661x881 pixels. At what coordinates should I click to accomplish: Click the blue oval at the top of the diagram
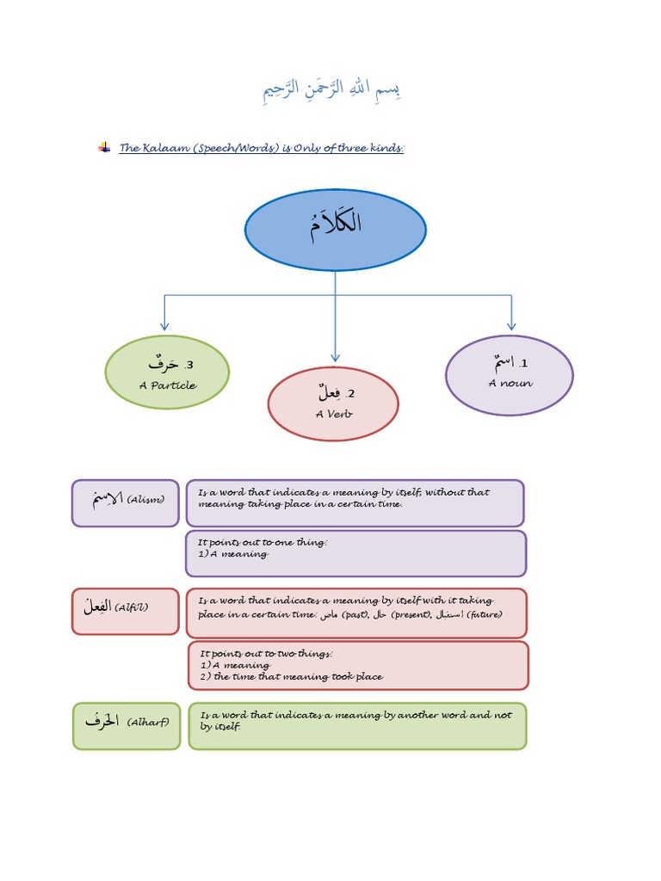335,230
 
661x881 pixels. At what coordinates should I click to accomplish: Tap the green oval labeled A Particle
167,374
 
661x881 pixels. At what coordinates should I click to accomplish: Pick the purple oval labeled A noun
509,374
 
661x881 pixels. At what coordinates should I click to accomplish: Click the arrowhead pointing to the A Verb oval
335,357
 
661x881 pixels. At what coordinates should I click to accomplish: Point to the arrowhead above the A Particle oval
164,326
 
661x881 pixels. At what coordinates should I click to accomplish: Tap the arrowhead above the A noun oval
511,326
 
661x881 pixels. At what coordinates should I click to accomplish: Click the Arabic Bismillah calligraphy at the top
331,91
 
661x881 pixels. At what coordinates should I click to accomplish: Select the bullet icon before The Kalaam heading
104,148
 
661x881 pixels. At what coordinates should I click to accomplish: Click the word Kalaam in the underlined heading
159,148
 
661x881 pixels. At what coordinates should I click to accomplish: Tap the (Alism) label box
126,502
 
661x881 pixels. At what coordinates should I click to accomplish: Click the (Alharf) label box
127,725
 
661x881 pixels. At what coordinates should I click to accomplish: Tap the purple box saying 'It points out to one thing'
355,552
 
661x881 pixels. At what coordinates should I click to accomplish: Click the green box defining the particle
357,725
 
